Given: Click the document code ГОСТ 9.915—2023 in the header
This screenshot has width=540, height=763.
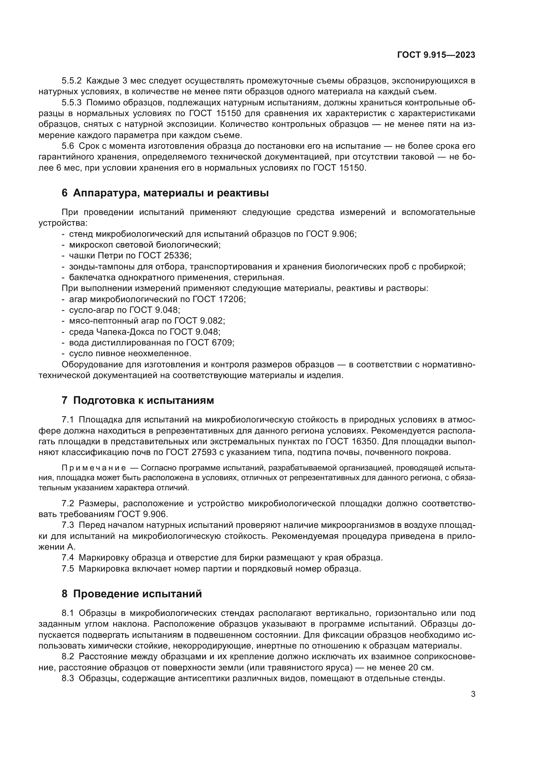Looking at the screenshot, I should [x=436, y=55].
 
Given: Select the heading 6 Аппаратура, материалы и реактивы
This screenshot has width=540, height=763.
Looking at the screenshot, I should [x=165, y=193].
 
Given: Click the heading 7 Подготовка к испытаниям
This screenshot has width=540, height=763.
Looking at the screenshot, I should [x=138, y=401].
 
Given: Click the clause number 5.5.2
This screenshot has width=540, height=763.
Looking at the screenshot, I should [x=71, y=81].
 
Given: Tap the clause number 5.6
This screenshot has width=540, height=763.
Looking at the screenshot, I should [x=68, y=146].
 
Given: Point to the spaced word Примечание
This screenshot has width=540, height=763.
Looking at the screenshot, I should [x=94, y=468].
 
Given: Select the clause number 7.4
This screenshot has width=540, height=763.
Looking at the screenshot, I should [x=68, y=557].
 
